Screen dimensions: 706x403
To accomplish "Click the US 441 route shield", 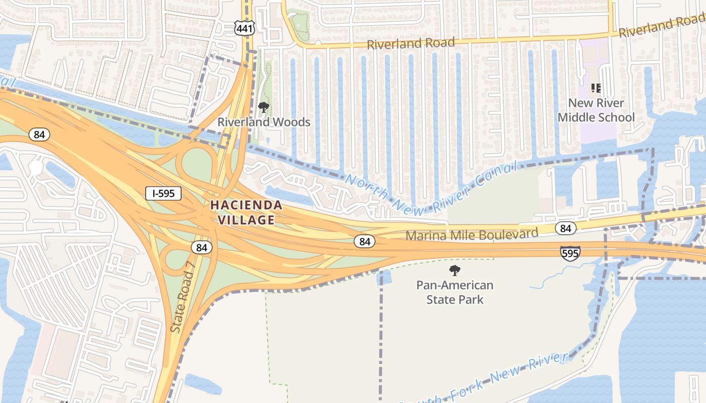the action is (244, 28).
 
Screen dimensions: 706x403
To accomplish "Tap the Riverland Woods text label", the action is (264, 122).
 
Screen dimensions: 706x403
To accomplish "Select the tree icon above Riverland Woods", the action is (263, 107).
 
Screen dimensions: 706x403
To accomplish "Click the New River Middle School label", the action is (596, 110).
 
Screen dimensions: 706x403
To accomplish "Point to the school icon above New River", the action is (596, 89).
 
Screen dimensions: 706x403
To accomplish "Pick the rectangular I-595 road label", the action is (163, 193).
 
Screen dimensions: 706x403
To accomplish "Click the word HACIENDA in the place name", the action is (246, 205).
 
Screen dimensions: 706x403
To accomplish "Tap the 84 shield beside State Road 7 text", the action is (202, 247).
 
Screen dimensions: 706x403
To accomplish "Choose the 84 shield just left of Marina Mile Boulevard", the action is (365, 241).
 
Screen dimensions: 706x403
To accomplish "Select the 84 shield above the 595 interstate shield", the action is (566, 229).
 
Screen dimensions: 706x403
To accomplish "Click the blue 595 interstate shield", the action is (570, 253).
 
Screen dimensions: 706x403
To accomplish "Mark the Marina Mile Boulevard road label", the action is (472, 234).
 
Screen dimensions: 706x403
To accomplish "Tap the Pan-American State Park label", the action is (455, 292).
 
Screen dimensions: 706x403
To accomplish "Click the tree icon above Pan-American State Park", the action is (455, 271).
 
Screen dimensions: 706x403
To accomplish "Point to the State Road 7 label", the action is (182, 301).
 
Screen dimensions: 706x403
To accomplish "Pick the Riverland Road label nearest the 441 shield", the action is (410, 43).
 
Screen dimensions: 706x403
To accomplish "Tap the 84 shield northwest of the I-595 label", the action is (39, 135).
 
